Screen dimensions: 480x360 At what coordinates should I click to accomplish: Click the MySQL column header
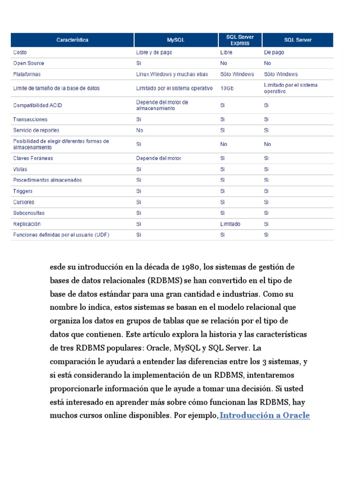(x=176, y=40)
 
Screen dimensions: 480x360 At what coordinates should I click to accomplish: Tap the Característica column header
(x=72, y=40)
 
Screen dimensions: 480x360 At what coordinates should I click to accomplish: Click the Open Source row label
(x=29, y=63)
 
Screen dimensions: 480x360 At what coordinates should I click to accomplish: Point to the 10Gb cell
(x=227, y=88)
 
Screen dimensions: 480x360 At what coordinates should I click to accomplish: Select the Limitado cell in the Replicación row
(x=230, y=224)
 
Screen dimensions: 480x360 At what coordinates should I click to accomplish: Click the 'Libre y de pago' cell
(x=154, y=52)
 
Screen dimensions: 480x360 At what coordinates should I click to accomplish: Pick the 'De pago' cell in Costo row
(x=274, y=52)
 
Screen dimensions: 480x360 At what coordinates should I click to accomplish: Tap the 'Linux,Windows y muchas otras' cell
(x=172, y=75)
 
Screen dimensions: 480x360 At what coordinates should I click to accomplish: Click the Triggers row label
(x=23, y=191)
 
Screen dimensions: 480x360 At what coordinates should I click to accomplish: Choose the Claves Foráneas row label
(x=33, y=158)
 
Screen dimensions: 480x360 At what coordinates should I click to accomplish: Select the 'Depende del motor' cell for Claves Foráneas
(x=158, y=158)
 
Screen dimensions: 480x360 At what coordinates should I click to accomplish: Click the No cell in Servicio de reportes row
(x=140, y=130)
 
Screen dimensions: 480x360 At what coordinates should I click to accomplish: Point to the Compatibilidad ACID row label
(x=37, y=105)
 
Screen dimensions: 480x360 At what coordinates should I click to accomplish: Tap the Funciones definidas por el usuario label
(x=61, y=235)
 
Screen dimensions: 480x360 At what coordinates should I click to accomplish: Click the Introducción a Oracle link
(x=265, y=416)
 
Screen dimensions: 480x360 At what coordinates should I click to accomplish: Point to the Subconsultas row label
(x=29, y=213)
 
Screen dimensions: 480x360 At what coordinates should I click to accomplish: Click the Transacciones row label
(x=30, y=120)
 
